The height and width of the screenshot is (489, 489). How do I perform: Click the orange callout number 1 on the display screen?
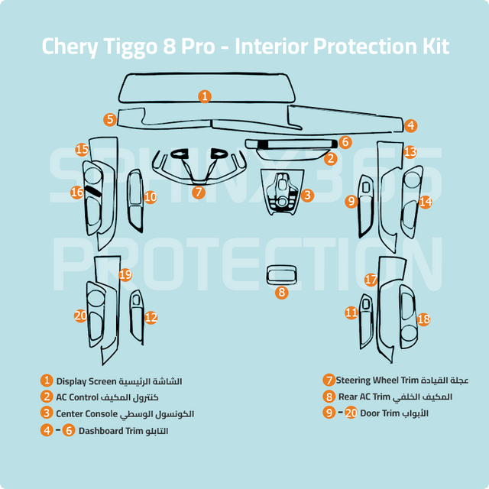click(x=205, y=96)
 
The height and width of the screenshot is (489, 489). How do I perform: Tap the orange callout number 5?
click(x=110, y=119)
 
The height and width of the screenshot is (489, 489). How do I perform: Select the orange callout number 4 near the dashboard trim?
click(x=411, y=125)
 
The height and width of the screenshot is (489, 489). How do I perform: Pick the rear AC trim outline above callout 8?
click(x=267, y=274)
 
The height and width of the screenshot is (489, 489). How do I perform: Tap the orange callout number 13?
click(x=410, y=152)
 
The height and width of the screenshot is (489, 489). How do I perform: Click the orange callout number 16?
click(x=77, y=192)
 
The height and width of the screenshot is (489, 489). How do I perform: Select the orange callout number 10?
click(x=151, y=197)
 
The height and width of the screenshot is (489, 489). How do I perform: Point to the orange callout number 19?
click(x=125, y=275)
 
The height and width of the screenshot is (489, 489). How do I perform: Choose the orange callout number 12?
click(x=151, y=318)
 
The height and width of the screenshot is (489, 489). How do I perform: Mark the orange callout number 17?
click(x=371, y=280)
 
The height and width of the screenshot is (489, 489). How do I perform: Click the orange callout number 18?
click(x=423, y=319)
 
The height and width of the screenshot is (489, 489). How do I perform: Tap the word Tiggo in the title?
click(x=131, y=47)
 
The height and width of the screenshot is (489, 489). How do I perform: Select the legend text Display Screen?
click(x=86, y=381)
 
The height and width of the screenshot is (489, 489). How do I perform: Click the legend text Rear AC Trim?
click(x=364, y=397)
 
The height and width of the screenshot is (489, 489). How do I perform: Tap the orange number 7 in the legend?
click(x=329, y=381)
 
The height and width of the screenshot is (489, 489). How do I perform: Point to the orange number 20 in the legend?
click(x=351, y=413)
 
